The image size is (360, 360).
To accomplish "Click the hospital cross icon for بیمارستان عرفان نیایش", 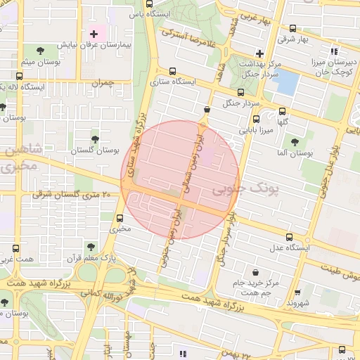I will pyautogui.click(x=94, y=34).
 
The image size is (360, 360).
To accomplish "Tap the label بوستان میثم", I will pyautogui.click(x=37, y=63).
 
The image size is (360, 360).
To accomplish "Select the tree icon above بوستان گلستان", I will pyautogui.click(x=96, y=138).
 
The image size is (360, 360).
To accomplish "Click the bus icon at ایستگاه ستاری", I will pyautogui.click(x=172, y=71).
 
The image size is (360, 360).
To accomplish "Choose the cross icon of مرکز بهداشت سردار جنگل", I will pyautogui.click(x=259, y=53).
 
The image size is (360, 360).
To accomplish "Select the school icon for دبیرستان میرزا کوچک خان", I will pyautogui.click(x=334, y=51).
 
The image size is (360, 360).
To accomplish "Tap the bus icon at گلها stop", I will pyautogui.click(x=283, y=111).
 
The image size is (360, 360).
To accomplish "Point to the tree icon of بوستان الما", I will pyautogui.click(x=295, y=142).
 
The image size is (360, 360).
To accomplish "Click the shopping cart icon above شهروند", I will pyautogui.click(x=297, y=292).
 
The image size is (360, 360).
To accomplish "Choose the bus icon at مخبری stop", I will pyautogui.click(x=120, y=218).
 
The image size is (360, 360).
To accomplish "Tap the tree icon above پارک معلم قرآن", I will pyautogui.click(x=90, y=246).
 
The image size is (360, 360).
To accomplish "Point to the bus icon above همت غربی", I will pyautogui.click(x=16, y=248).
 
